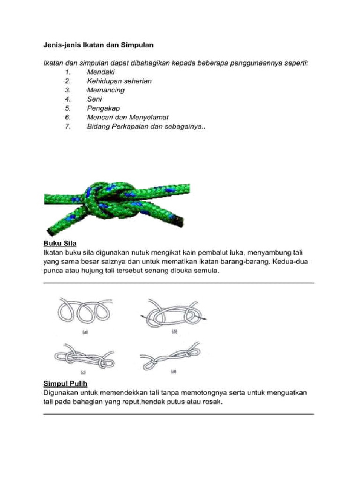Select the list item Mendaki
click(100, 72)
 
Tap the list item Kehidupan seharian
click(119, 81)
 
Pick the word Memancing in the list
click(105, 90)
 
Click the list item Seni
click(94, 99)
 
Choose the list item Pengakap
click(103, 108)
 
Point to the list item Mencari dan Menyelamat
click(127, 117)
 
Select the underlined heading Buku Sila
click(60, 244)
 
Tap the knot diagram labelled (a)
click(85, 310)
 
